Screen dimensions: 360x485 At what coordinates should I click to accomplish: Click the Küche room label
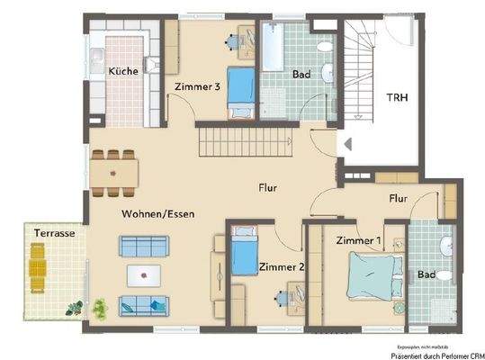click(x=123, y=71)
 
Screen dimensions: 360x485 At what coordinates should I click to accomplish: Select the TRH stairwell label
click(x=396, y=98)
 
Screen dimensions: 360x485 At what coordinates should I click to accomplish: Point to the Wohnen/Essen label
click(x=158, y=214)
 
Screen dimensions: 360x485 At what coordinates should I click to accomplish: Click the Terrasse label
click(x=54, y=233)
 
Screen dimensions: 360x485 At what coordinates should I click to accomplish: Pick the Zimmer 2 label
click(x=281, y=266)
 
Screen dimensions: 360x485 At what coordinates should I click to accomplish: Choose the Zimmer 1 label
click(x=358, y=241)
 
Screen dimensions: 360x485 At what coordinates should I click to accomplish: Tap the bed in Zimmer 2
click(x=244, y=255)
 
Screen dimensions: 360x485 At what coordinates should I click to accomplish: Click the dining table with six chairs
click(x=115, y=168)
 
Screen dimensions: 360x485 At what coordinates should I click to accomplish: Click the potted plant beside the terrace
click(x=98, y=308)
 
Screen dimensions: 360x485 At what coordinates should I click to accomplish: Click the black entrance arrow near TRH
click(x=341, y=142)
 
